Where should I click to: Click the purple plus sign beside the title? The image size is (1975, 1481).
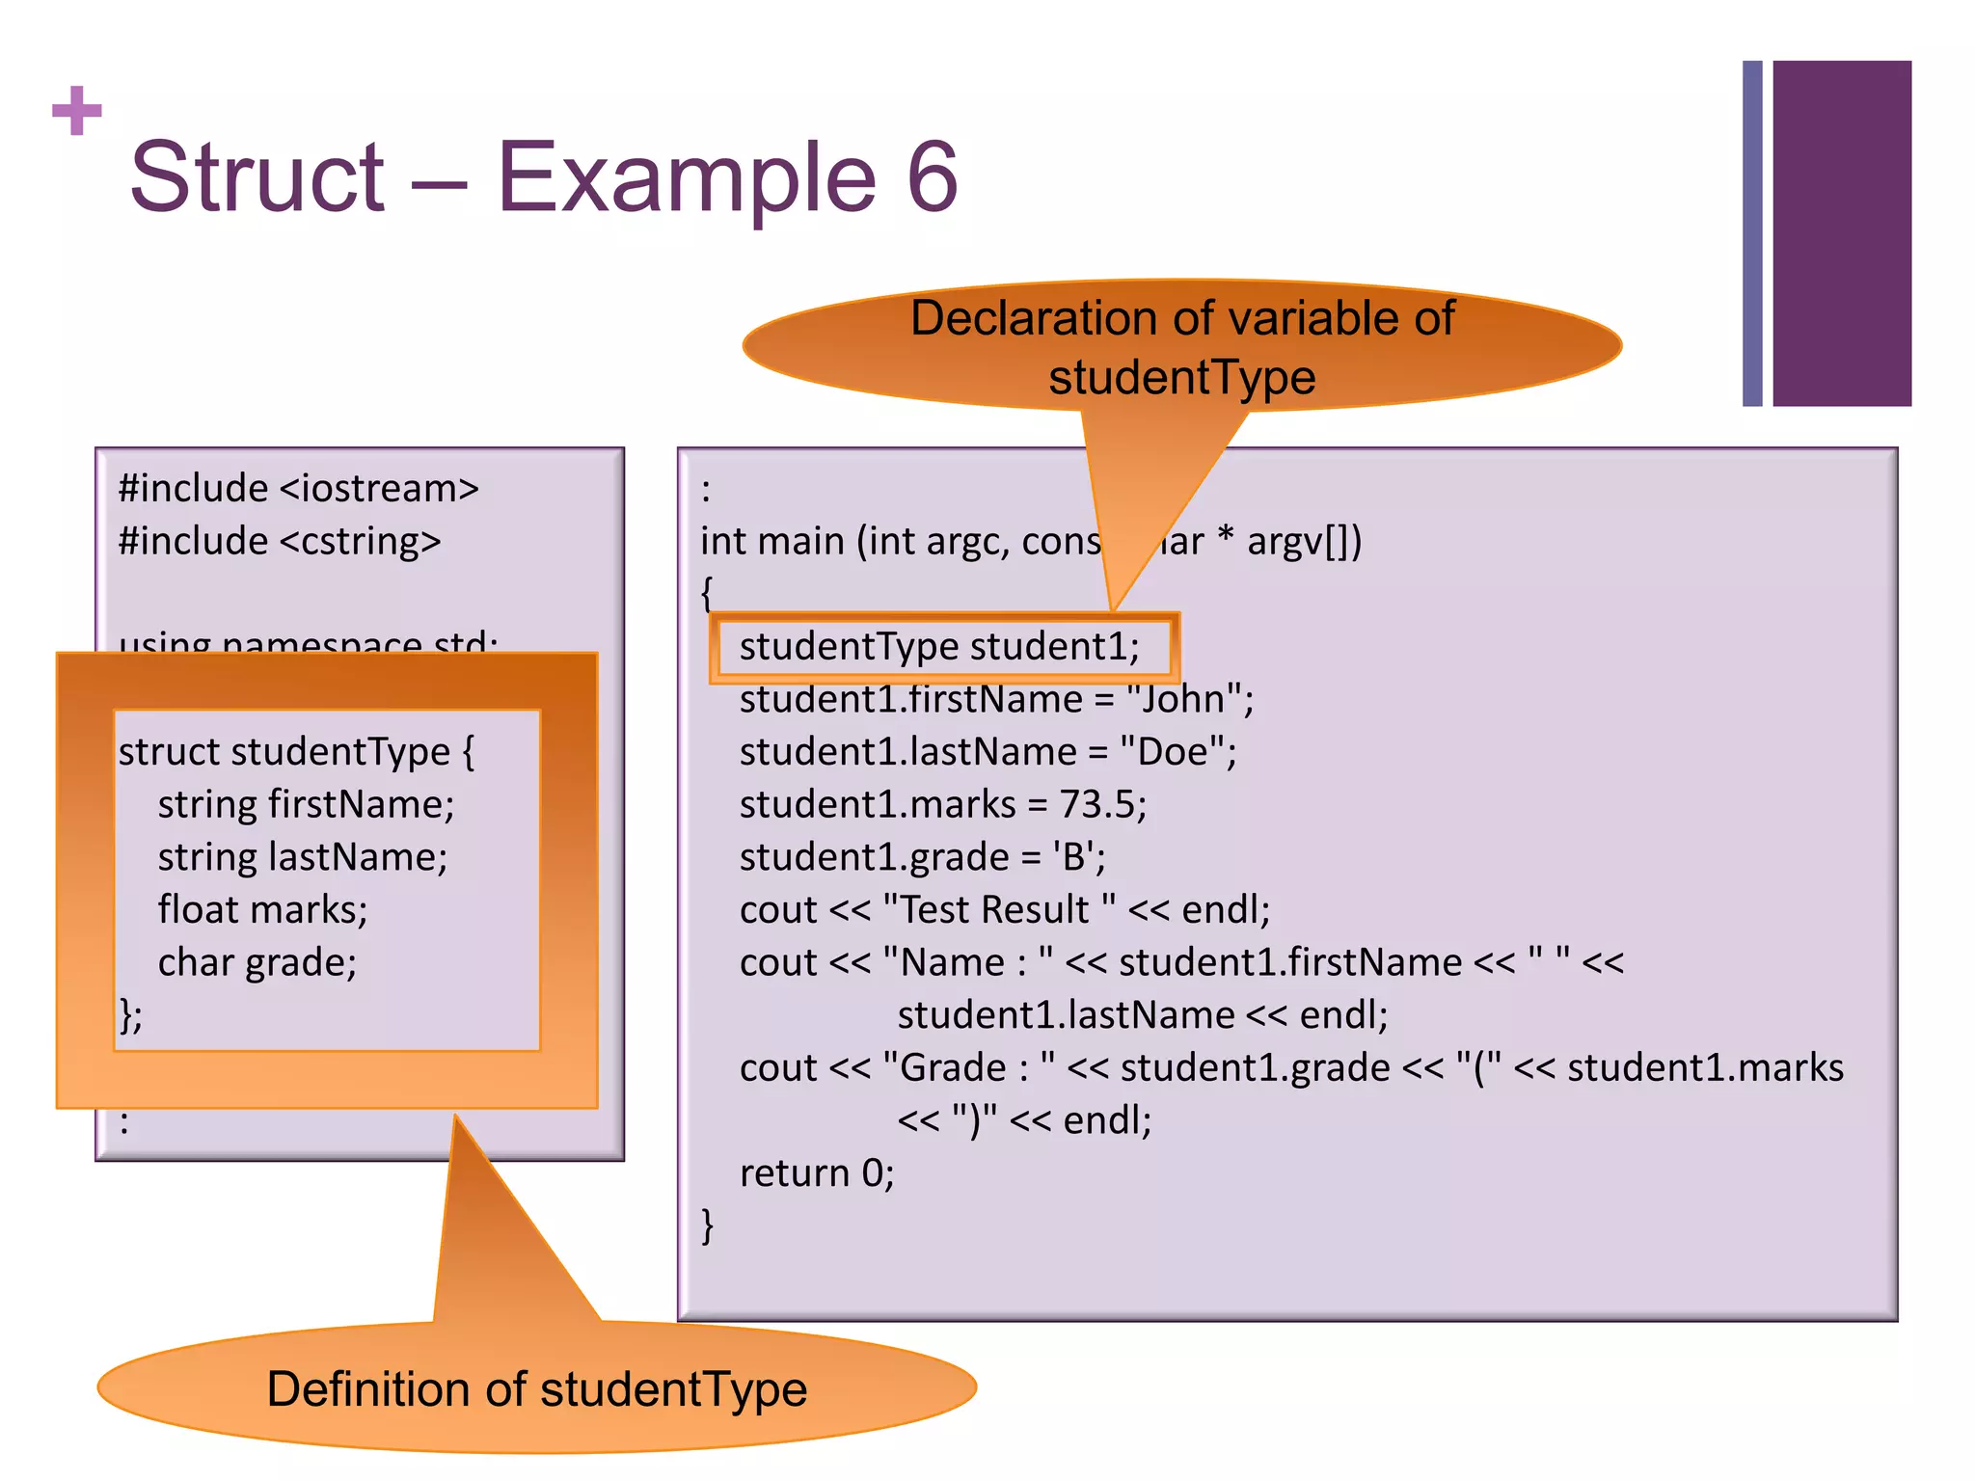[x=77, y=111]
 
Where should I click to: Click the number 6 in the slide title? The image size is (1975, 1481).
[x=932, y=177]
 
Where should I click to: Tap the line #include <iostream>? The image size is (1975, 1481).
[x=298, y=489]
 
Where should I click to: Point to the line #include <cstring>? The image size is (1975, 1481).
[x=280, y=541]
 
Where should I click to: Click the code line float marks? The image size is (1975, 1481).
[x=262, y=910]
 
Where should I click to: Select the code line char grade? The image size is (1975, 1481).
[x=257, y=962]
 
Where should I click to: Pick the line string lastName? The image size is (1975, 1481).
[x=302, y=857]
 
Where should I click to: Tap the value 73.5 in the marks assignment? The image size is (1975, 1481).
[x=1096, y=804]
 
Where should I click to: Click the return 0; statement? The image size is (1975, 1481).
[x=817, y=1173]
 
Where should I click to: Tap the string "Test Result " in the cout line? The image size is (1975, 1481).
[x=999, y=910]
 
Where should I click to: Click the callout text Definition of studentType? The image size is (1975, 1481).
[x=537, y=1389]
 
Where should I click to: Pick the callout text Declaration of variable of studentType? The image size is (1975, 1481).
[x=1182, y=347]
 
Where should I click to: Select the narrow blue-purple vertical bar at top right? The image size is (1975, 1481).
[x=1752, y=233]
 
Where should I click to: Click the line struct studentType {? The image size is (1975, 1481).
[x=296, y=752]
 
